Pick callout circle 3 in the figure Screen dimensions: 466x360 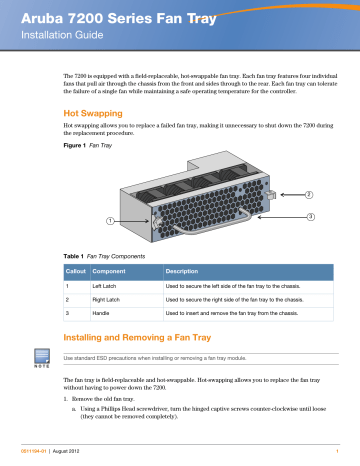point(311,217)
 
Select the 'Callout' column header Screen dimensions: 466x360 point(76,273)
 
